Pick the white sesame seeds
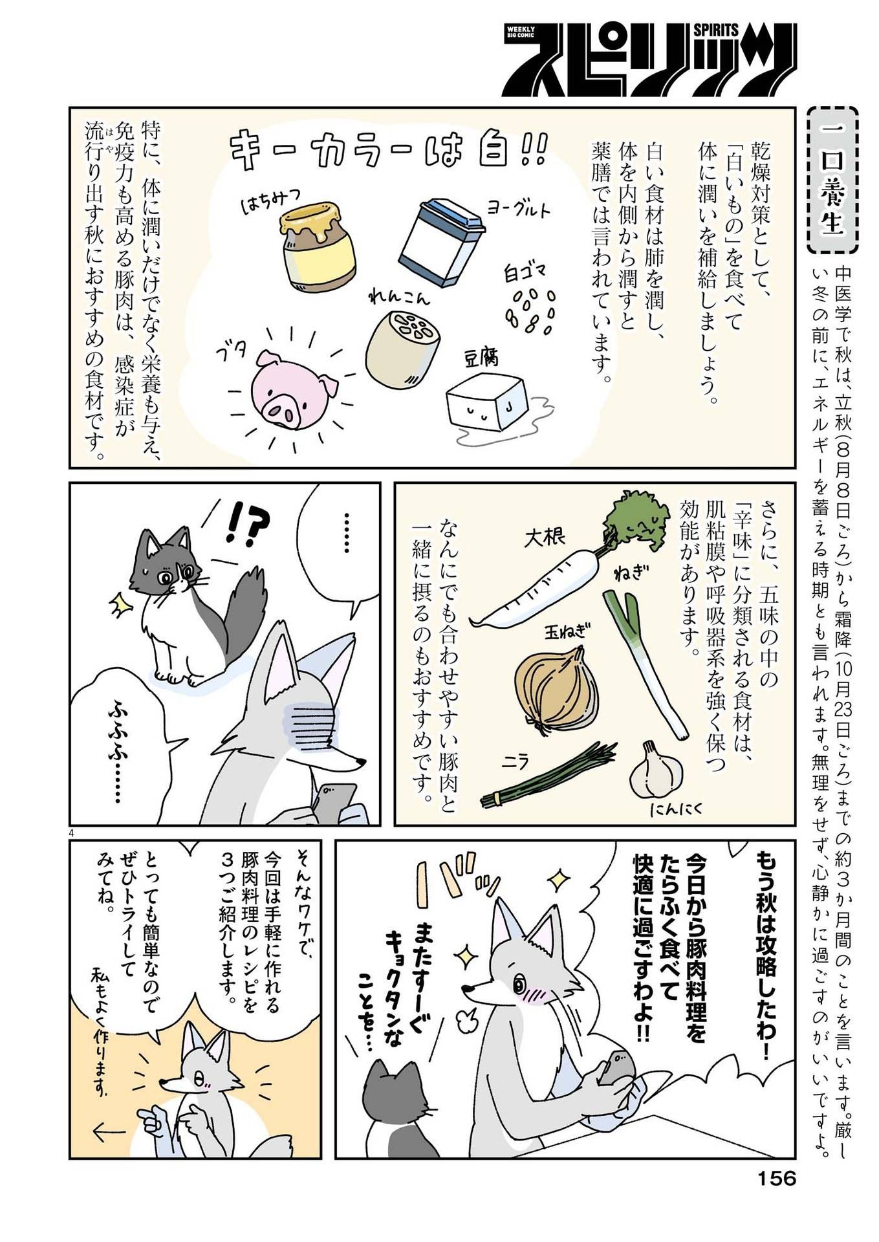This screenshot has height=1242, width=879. pyautogui.click(x=529, y=311)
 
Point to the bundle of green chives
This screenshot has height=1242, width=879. pyautogui.click(x=547, y=780)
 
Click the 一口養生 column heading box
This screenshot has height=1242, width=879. pyautogui.click(x=833, y=181)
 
